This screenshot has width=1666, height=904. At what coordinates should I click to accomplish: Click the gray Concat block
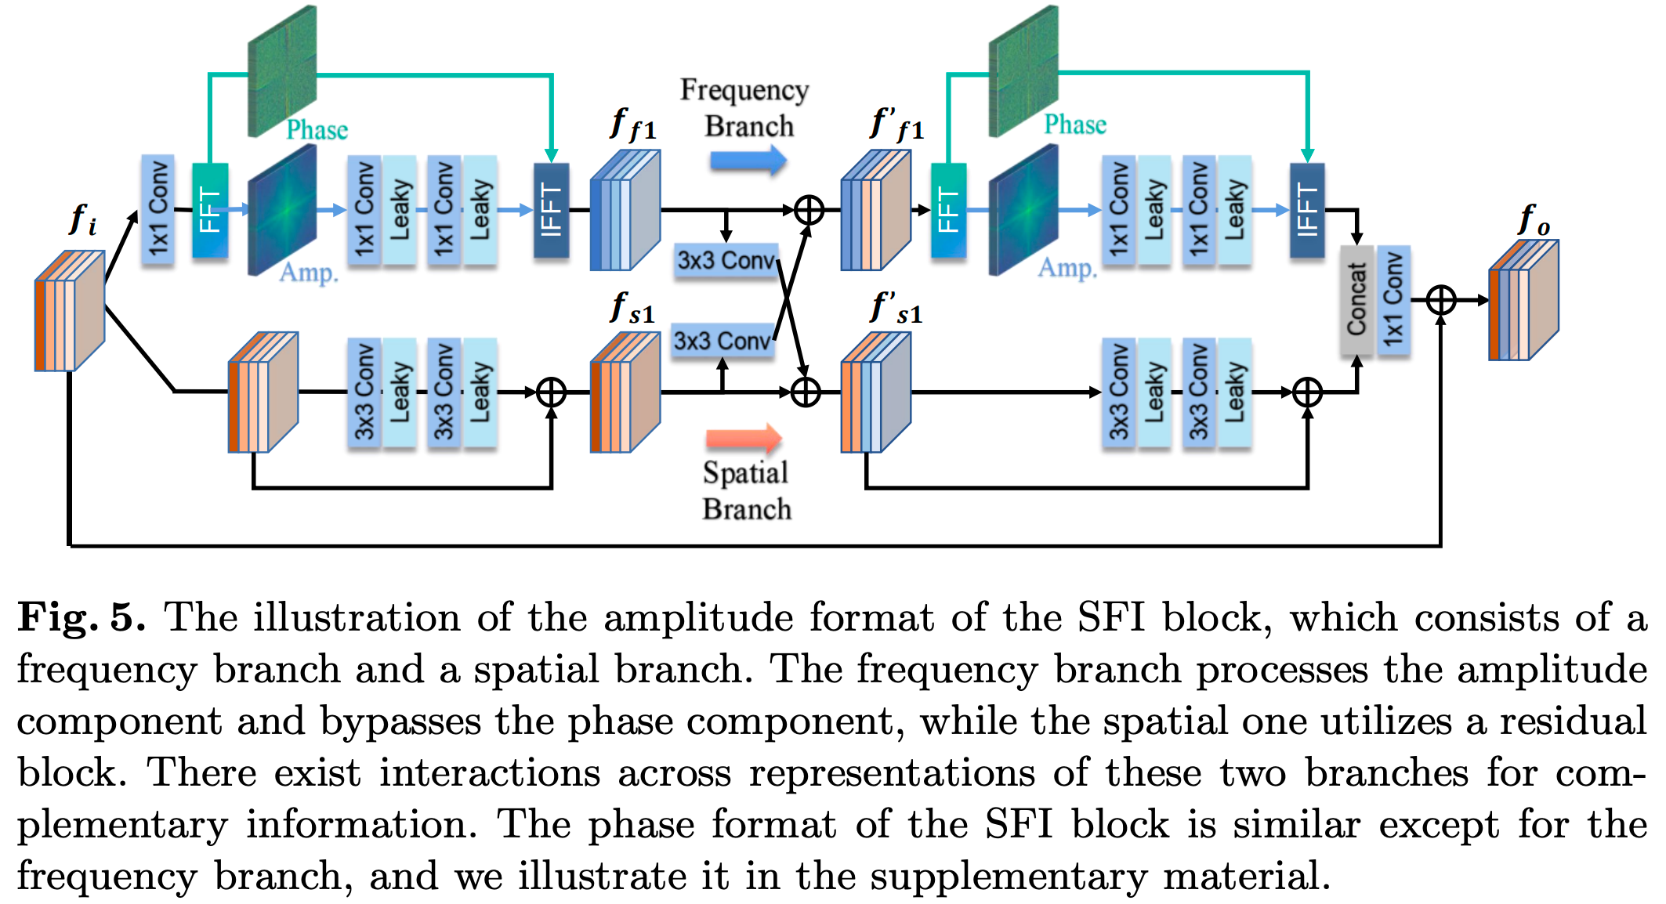[x=1356, y=299]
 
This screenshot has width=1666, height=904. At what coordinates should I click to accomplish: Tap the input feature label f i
[x=83, y=219]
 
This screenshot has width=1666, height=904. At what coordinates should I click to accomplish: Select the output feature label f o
[x=1534, y=219]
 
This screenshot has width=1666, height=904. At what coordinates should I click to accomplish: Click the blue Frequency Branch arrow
[x=748, y=161]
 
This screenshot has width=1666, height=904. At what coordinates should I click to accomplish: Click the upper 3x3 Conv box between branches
[x=726, y=260]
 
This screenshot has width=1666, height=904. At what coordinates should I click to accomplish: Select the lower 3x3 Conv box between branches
[x=723, y=341]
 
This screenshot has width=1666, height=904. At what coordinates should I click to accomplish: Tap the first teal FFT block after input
[x=210, y=210]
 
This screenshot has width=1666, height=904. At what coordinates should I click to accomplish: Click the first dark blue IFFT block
[x=551, y=210]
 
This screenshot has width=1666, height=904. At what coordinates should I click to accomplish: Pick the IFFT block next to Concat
[x=1307, y=210]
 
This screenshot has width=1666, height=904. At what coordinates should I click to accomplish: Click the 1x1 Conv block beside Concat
[x=1393, y=299]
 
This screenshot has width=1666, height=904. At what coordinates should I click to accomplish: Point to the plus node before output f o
[x=1440, y=300]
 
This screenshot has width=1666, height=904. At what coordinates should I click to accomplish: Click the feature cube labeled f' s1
[x=875, y=392]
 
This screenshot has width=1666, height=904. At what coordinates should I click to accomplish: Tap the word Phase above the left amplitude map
[x=317, y=129]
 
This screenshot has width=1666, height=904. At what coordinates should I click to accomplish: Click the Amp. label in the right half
[x=1067, y=268]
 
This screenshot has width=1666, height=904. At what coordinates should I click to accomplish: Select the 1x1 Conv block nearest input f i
[x=158, y=210]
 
